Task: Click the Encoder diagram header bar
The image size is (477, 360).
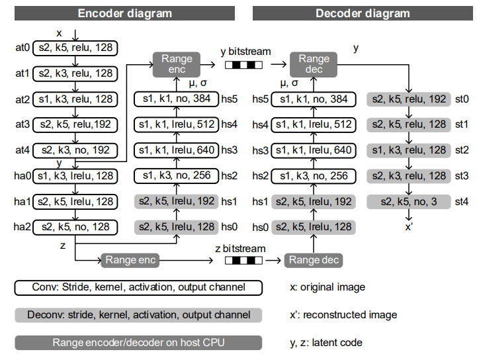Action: [124, 13]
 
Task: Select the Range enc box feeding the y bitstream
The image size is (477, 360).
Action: [177, 64]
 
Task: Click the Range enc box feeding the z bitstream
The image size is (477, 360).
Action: [129, 260]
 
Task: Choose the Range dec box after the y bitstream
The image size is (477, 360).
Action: [314, 64]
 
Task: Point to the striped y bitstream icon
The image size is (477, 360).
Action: [243, 65]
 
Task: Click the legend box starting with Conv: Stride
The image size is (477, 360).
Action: [138, 288]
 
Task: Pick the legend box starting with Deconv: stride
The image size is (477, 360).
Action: [138, 315]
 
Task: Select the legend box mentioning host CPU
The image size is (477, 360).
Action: [138, 342]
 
